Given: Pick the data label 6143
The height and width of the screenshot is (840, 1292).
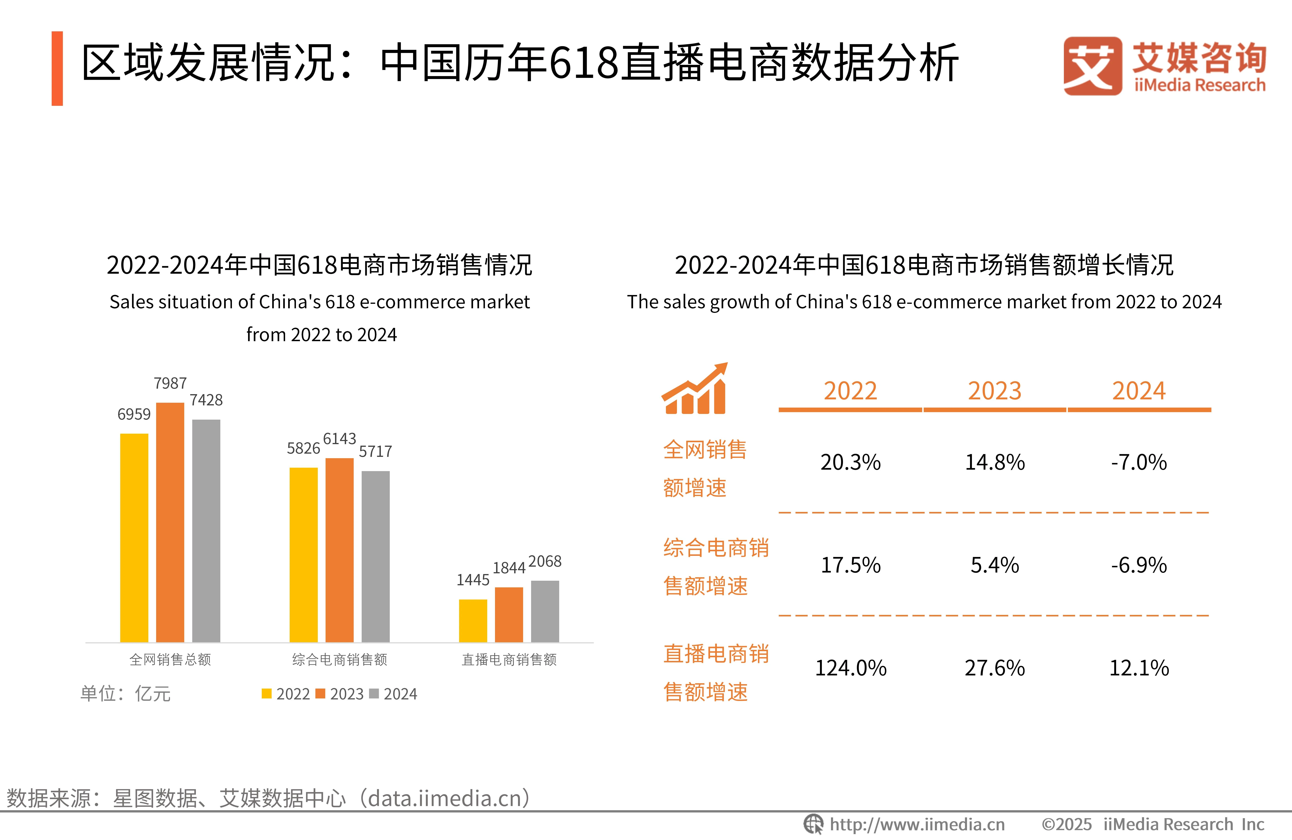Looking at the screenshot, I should point(339,439).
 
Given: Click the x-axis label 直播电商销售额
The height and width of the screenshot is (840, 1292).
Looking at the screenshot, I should point(509,660).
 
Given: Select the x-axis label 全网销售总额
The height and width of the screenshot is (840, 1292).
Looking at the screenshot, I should point(170,660).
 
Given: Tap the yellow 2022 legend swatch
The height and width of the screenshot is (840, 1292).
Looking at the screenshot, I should point(266,693).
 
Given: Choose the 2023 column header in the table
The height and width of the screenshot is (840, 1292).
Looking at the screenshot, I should point(995,391).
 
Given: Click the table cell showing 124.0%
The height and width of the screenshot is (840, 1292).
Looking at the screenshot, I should point(851,668).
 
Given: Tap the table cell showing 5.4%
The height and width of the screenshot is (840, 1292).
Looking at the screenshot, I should point(995,565).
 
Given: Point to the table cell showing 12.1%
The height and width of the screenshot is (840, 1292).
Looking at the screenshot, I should point(1138,668).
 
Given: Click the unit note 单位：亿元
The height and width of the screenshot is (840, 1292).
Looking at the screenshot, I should point(125,693).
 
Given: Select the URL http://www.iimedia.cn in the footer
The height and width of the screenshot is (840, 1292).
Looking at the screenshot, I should point(917,824).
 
